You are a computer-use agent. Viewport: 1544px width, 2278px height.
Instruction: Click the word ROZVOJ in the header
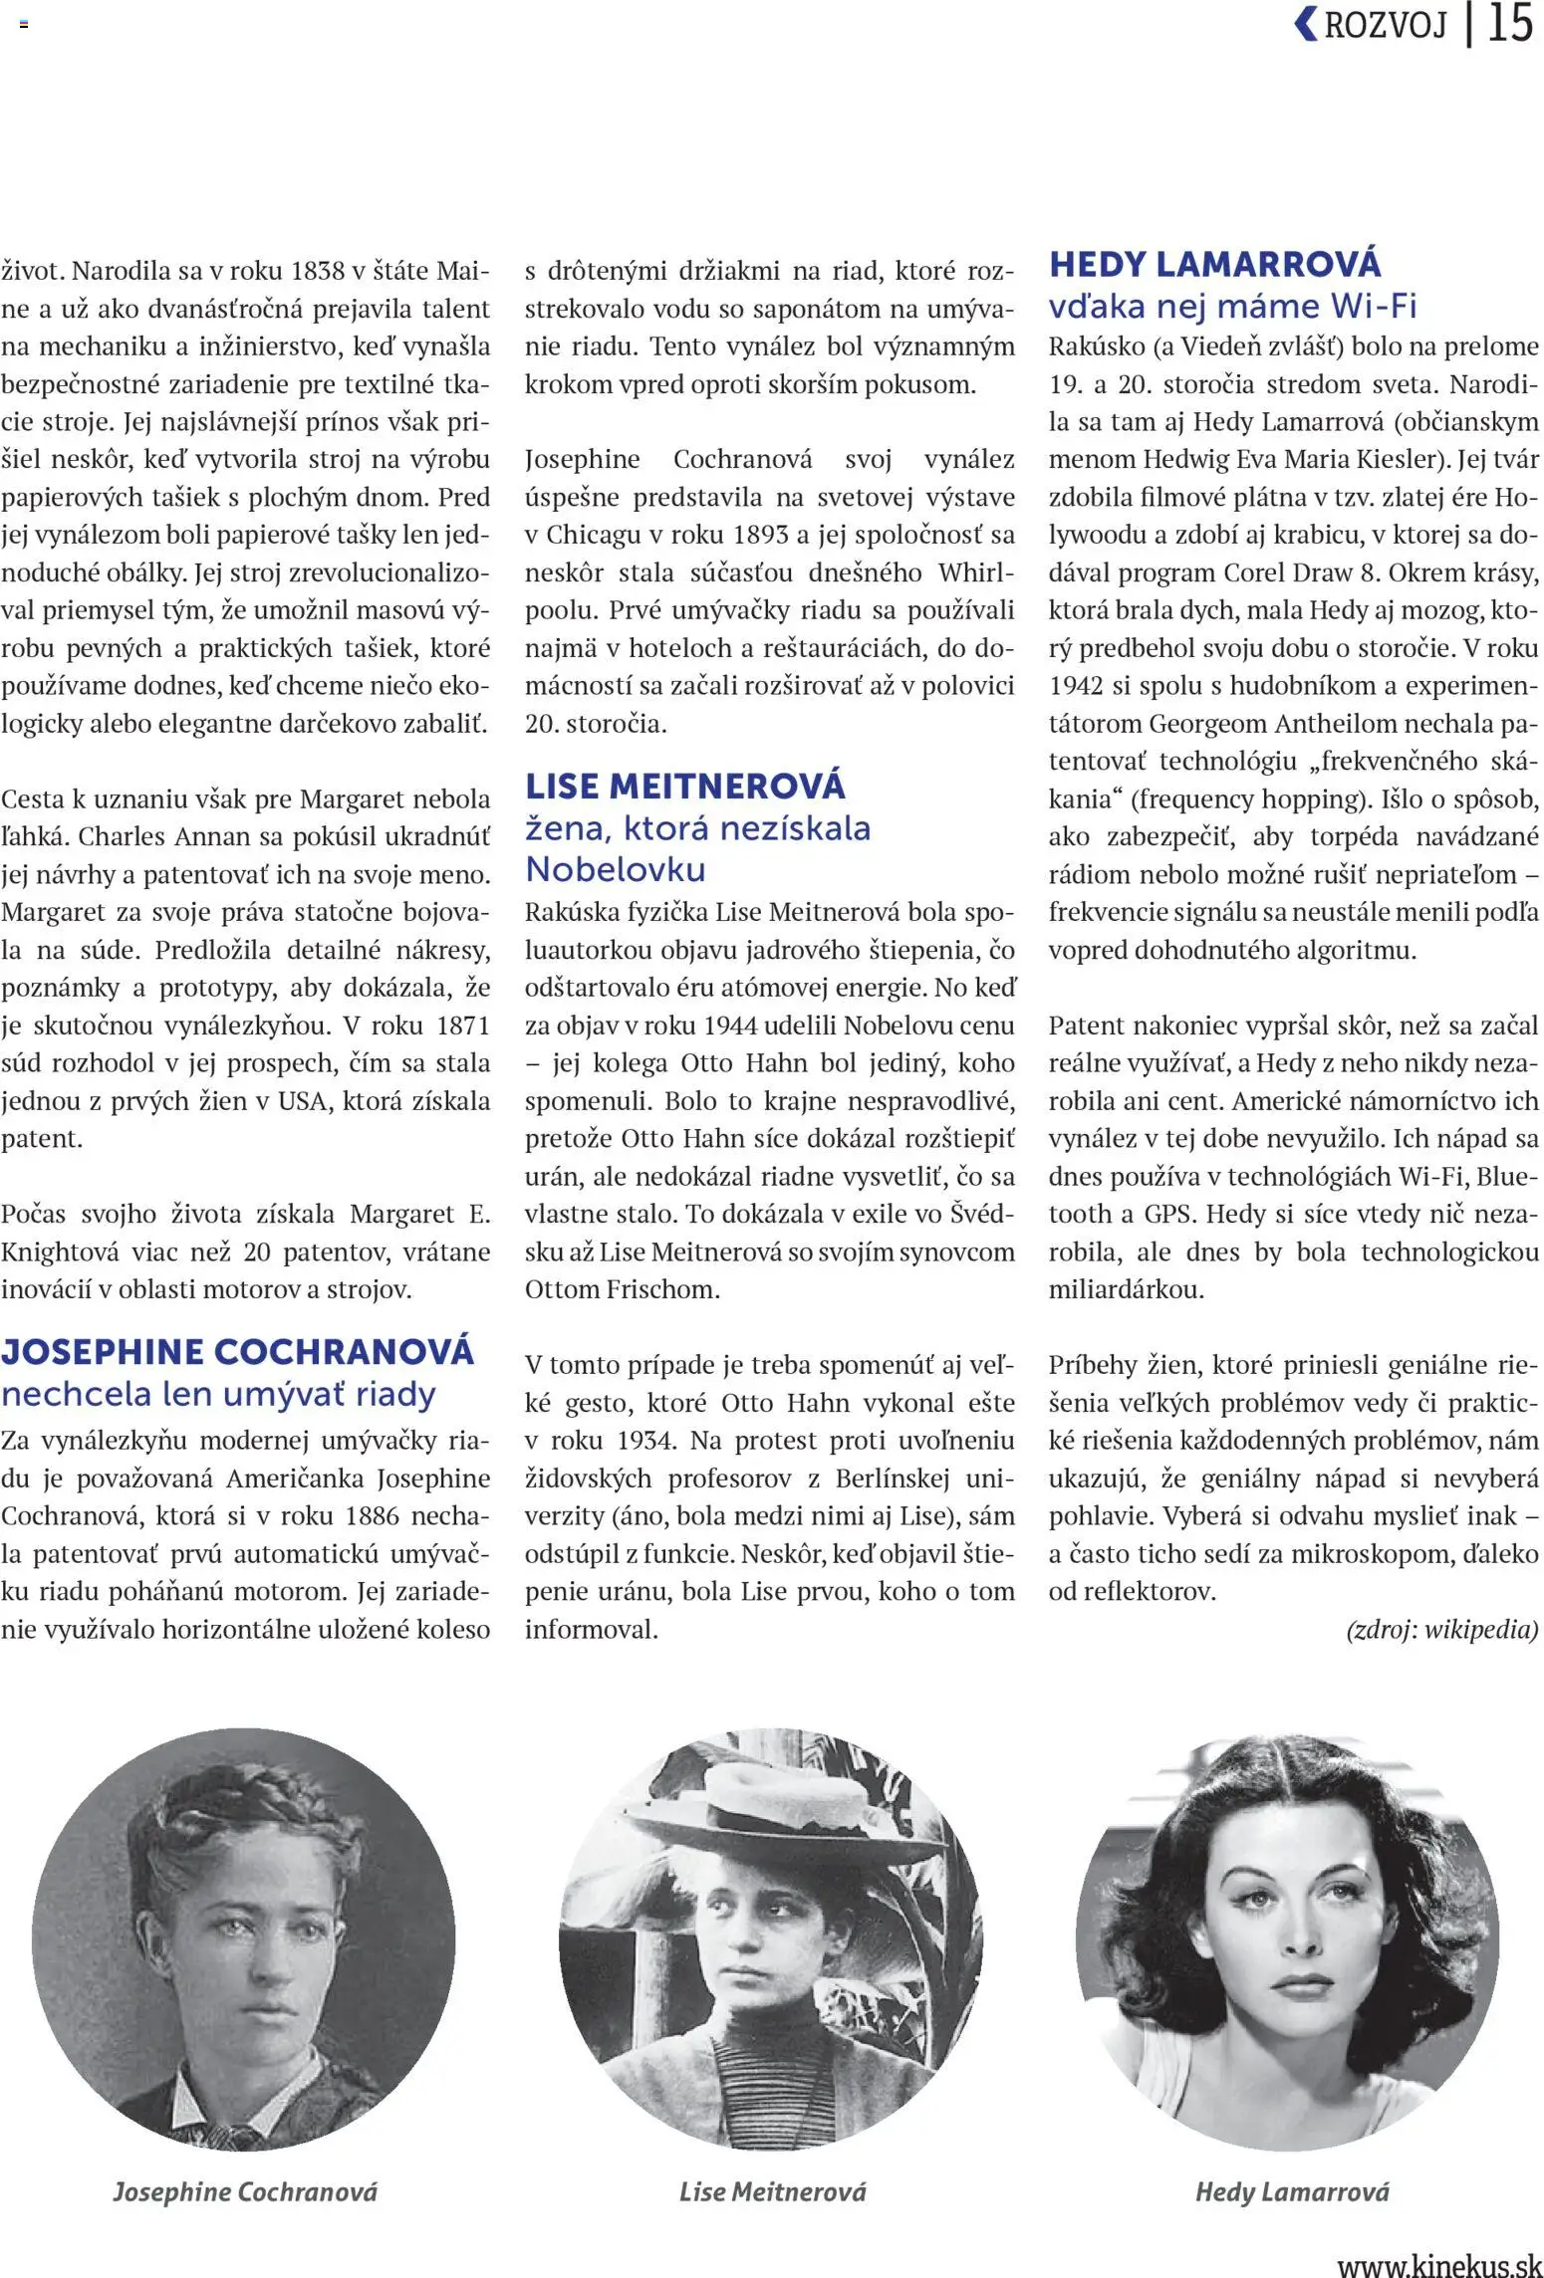1385,25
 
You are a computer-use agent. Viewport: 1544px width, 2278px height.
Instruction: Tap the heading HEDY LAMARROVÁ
1214,264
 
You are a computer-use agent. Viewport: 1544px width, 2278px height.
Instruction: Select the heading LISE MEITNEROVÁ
685,787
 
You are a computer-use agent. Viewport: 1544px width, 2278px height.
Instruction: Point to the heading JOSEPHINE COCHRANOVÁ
237,1352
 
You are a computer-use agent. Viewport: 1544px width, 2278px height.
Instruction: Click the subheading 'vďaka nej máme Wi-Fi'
1232,306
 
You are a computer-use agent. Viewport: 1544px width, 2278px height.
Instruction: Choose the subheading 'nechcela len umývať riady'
218,1394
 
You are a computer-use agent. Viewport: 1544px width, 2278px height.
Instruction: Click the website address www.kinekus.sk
1438,2261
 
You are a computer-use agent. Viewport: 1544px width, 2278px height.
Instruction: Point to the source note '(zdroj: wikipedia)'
1441,1630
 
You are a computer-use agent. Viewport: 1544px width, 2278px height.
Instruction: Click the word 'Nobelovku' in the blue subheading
615,869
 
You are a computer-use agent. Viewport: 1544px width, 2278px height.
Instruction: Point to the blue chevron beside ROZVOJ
1305,23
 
